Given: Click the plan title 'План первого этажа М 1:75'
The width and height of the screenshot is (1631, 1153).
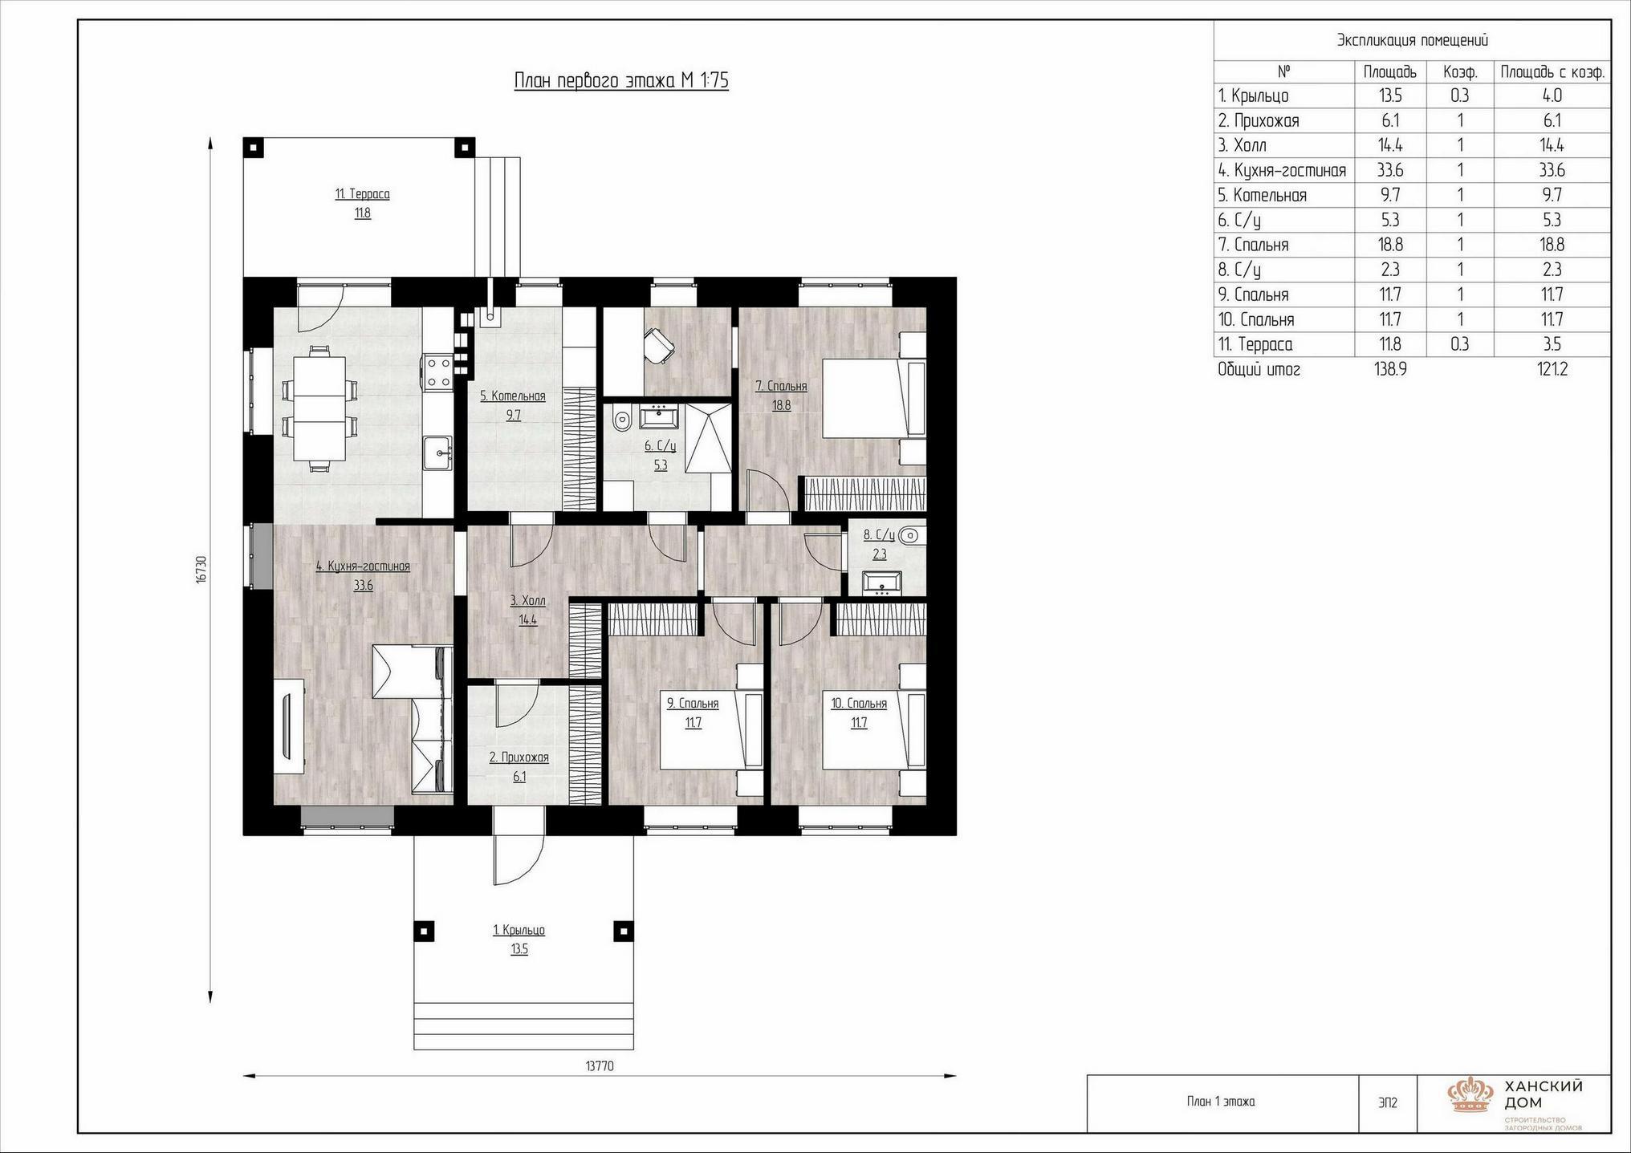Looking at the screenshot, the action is click(x=621, y=81).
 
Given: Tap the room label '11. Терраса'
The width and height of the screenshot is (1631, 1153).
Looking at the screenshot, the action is click(x=363, y=194).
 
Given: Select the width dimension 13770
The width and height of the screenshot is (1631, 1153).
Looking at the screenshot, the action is click(x=600, y=1066).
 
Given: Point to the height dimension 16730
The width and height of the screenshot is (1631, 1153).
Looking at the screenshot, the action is click(x=201, y=569).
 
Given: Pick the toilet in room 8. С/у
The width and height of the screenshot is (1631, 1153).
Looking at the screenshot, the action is click(x=912, y=534).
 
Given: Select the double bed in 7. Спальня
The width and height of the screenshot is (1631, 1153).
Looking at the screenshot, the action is click(x=873, y=399).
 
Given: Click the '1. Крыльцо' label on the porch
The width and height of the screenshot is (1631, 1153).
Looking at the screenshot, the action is click(x=519, y=931).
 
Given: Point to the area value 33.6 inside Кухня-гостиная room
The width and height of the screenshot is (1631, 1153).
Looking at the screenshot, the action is click(x=364, y=586).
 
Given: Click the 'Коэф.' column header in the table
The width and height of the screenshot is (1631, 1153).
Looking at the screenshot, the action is click(x=1460, y=72).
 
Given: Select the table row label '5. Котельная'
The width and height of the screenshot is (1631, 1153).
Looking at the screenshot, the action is click(x=1263, y=195).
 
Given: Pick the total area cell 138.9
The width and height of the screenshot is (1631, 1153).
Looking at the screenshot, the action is click(x=1390, y=370).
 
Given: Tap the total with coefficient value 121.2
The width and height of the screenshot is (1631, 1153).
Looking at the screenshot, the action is click(x=1552, y=370).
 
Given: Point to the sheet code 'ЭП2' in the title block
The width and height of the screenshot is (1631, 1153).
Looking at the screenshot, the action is click(x=1387, y=1103).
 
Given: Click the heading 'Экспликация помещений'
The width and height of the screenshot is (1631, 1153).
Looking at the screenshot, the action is click(x=1413, y=40).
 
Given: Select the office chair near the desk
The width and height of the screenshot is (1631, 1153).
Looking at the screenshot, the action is click(x=659, y=345).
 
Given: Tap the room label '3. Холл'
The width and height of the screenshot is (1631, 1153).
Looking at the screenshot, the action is click(x=527, y=601).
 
